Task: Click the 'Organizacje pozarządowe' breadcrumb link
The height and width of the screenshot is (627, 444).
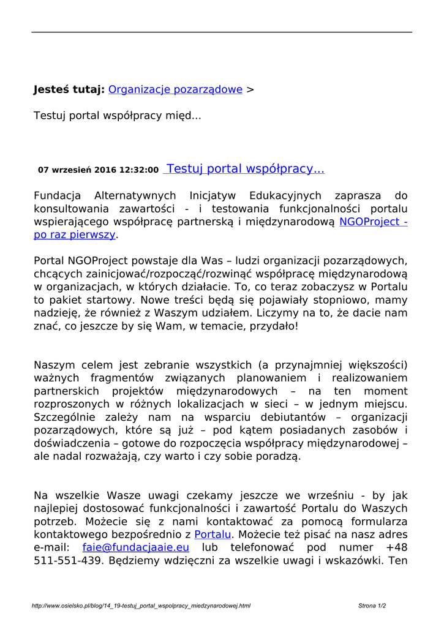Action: (175, 89)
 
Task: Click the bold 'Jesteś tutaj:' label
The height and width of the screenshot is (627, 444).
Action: (69, 89)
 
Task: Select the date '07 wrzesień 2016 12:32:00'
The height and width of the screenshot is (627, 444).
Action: (98, 170)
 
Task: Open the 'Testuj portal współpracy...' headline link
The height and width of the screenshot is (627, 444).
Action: (245, 169)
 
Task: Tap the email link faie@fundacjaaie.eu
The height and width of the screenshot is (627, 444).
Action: (136, 547)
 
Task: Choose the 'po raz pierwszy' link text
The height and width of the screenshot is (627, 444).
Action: (74, 235)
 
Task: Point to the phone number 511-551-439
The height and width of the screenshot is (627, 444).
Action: (68, 560)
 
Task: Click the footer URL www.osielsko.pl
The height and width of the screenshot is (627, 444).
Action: (141, 606)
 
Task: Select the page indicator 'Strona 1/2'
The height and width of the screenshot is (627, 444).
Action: (372, 606)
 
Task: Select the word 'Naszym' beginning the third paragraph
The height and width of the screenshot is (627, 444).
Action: (55, 366)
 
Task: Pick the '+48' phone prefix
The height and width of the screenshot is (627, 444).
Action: (397, 547)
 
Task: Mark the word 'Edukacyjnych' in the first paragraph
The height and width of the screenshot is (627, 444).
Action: (285, 196)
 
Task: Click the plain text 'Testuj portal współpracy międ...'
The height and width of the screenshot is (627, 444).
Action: (117, 115)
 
